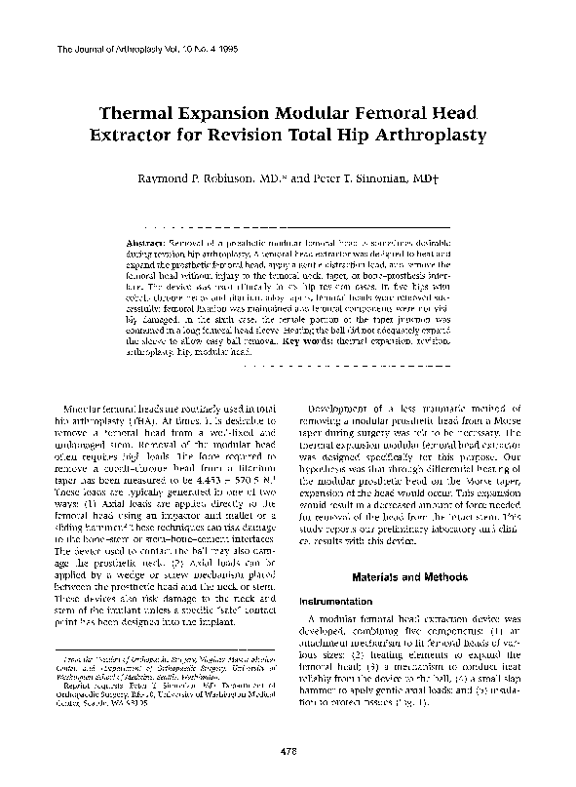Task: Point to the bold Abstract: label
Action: (x=147, y=241)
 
